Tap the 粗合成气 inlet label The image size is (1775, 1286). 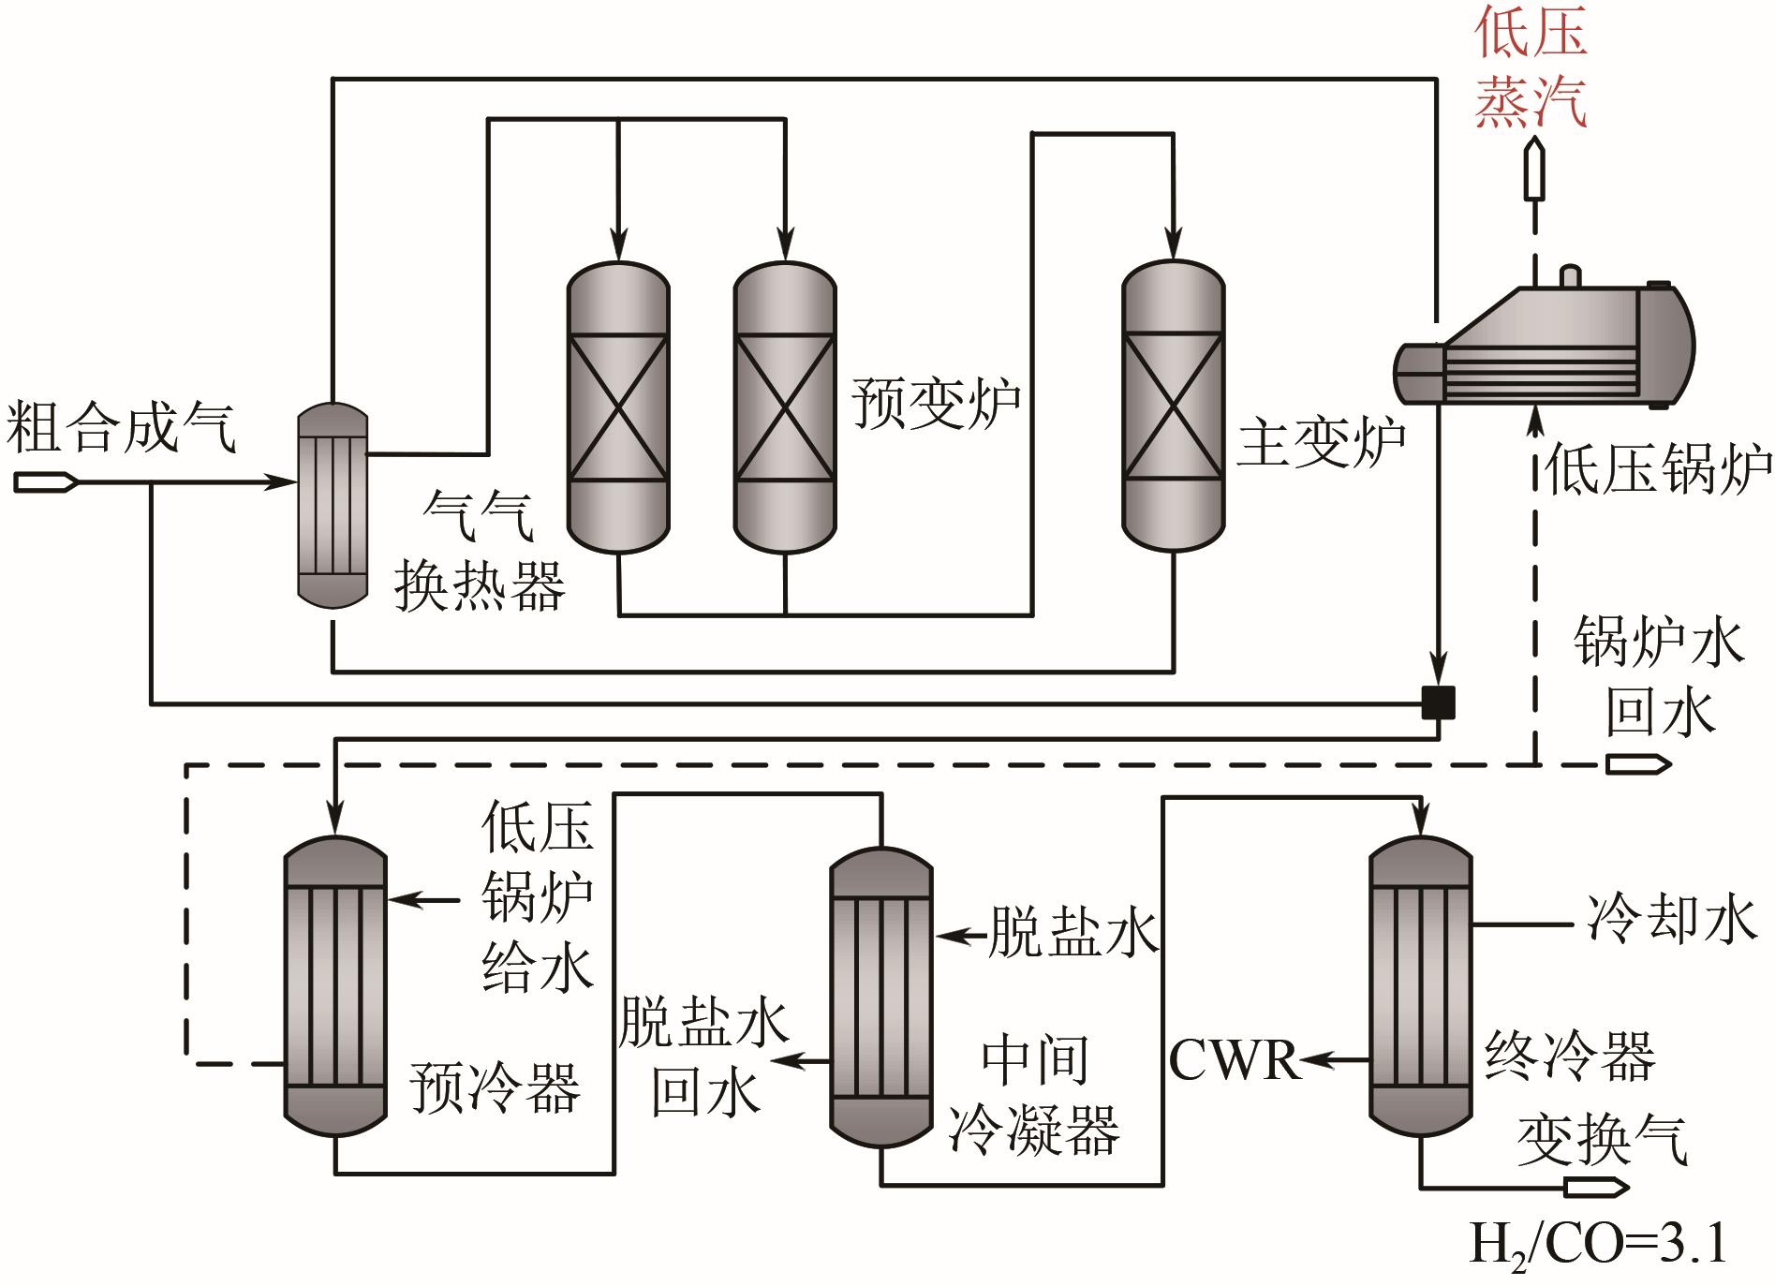(x=122, y=429)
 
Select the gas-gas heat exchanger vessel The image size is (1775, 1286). (x=333, y=506)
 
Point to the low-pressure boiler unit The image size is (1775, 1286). (x=1546, y=347)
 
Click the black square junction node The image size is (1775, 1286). (x=1438, y=702)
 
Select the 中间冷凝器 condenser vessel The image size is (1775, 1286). (x=881, y=998)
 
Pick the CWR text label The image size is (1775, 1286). (x=1235, y=1061)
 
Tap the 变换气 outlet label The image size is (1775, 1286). (x=1602, y=1139)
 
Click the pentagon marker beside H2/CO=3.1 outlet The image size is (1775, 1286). (x=1596, y=1188)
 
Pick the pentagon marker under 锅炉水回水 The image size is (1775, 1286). (x=1638, y=764)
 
